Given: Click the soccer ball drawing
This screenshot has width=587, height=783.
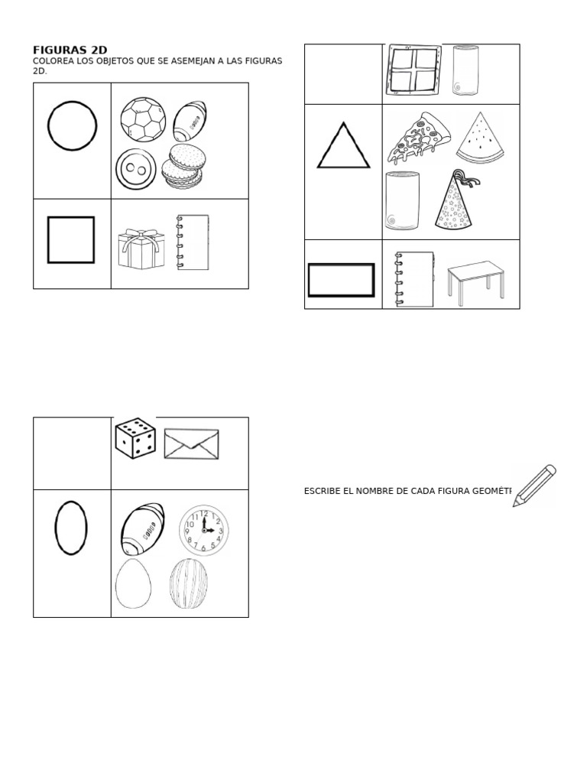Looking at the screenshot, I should click(143, 122).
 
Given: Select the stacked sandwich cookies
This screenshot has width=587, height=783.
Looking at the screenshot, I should click(182, 167).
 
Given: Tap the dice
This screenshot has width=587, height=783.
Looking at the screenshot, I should click(135, 438).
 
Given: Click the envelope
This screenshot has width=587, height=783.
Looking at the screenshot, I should click(191, 444).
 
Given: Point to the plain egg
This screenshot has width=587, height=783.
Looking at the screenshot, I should click(133, 583).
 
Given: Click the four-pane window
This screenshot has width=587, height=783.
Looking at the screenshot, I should click(413, 71).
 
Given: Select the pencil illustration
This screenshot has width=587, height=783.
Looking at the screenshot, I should click(535, 486).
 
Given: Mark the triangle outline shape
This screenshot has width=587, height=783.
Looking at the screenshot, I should click(343, 147).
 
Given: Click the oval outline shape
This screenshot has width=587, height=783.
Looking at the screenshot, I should click(71, 528).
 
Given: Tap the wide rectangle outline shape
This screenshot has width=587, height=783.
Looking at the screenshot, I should click(341, 280).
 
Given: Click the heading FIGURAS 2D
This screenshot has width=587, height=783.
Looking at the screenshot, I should click(70, 50).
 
